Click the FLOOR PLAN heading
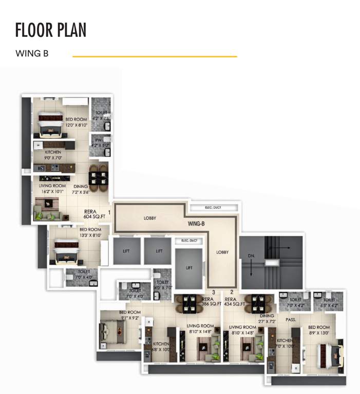[x=51, y=30]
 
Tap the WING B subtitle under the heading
[x=32, y=53]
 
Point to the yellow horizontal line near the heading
[x=155, y=56]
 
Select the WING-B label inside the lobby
[x=197, y=224]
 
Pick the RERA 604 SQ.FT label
[x=94, y=214]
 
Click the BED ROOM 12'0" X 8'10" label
[x=76, y=122]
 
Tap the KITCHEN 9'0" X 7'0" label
[x=52, y=155]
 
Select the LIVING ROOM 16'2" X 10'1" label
[x=52, y=189]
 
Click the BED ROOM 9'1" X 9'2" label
[x=129, y=315]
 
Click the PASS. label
[x=290, y=319]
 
